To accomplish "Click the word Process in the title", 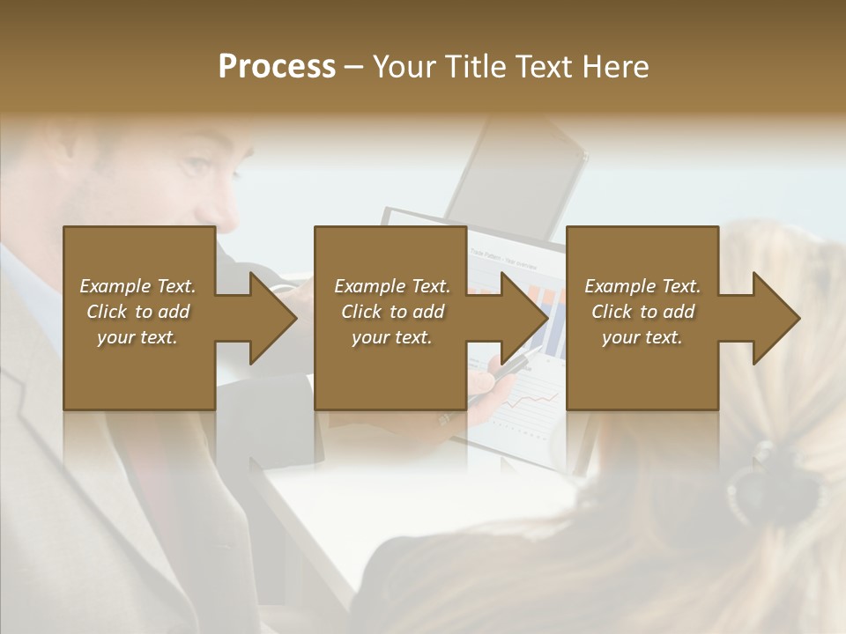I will (x=277, y=67).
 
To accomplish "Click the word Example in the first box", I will (x=115, y=286).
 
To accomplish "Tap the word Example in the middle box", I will (x=369, y=286).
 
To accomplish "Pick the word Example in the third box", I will (x=620, y=286).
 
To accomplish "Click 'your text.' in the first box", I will (x=137, y=337).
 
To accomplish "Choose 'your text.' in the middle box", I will (x=392, y=337).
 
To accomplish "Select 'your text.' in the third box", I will (x=642, y=337).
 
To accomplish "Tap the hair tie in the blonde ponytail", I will (x=765, y=467).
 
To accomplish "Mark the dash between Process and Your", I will (x=354, y=68).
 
